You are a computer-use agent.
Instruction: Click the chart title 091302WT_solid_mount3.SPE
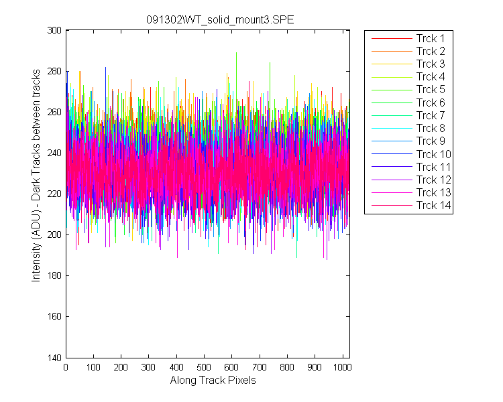(220, 20)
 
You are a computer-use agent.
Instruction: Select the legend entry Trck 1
(431, 38)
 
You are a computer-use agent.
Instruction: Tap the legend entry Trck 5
(431, 89)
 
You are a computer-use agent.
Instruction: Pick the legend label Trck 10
(434, 154)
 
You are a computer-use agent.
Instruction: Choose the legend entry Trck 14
(434, 205)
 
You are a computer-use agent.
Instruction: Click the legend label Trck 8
(431, 128)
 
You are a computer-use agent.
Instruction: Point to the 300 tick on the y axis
(54, 30)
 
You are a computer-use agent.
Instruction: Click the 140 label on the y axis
(54, 358)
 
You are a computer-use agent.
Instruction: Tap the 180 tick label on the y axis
(54, 275)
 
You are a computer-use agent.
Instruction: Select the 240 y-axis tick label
(54, 153)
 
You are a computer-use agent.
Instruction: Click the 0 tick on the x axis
(66, 367)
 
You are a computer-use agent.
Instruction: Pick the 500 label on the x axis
(204, 367)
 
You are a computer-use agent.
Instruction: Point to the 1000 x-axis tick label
(342, 367)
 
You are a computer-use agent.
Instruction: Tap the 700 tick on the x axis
(259, 367)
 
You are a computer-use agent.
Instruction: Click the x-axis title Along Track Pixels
(213, 380)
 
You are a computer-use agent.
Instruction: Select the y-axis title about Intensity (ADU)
(36, 176)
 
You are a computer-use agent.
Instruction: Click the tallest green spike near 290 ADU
(237, 52)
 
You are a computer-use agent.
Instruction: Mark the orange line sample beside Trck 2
(392, 52)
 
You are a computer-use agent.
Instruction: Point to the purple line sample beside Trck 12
(392, 180)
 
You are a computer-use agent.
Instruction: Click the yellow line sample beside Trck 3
(392, 64)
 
